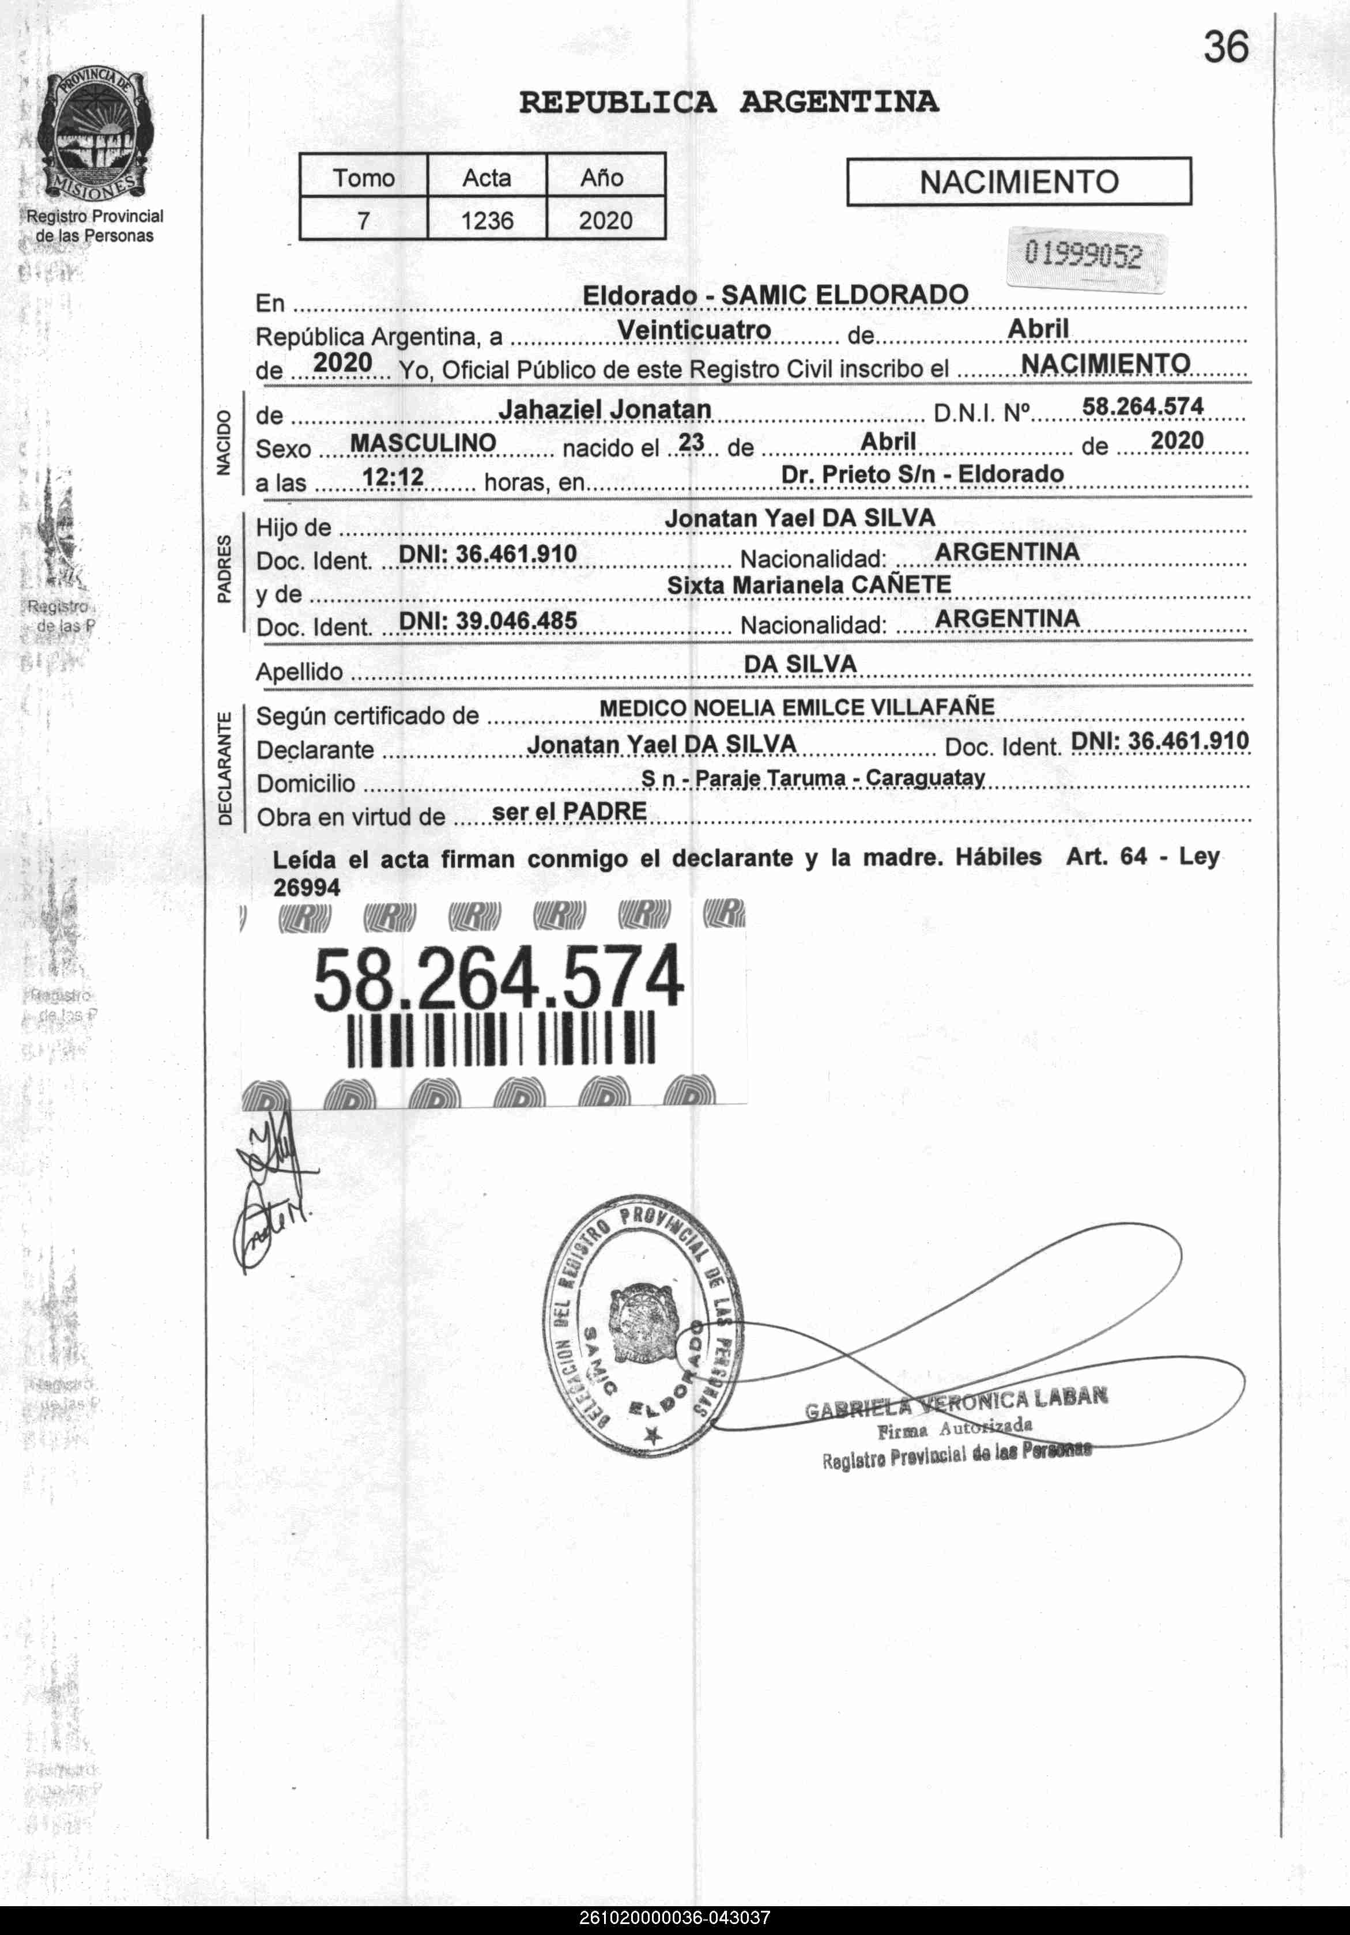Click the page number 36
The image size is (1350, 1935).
pos(1225,47)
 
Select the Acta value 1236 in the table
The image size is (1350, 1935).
pos(487,221)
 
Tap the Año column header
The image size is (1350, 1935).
pos(602,178)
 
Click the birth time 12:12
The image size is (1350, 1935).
pos(393,478)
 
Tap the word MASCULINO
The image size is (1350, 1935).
pos(423,443)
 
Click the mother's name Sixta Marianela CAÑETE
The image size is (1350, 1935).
pos(809,585)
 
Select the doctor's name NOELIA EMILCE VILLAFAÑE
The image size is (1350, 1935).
pos(843,708)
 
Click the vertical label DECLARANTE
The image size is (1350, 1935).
pos(224,768)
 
